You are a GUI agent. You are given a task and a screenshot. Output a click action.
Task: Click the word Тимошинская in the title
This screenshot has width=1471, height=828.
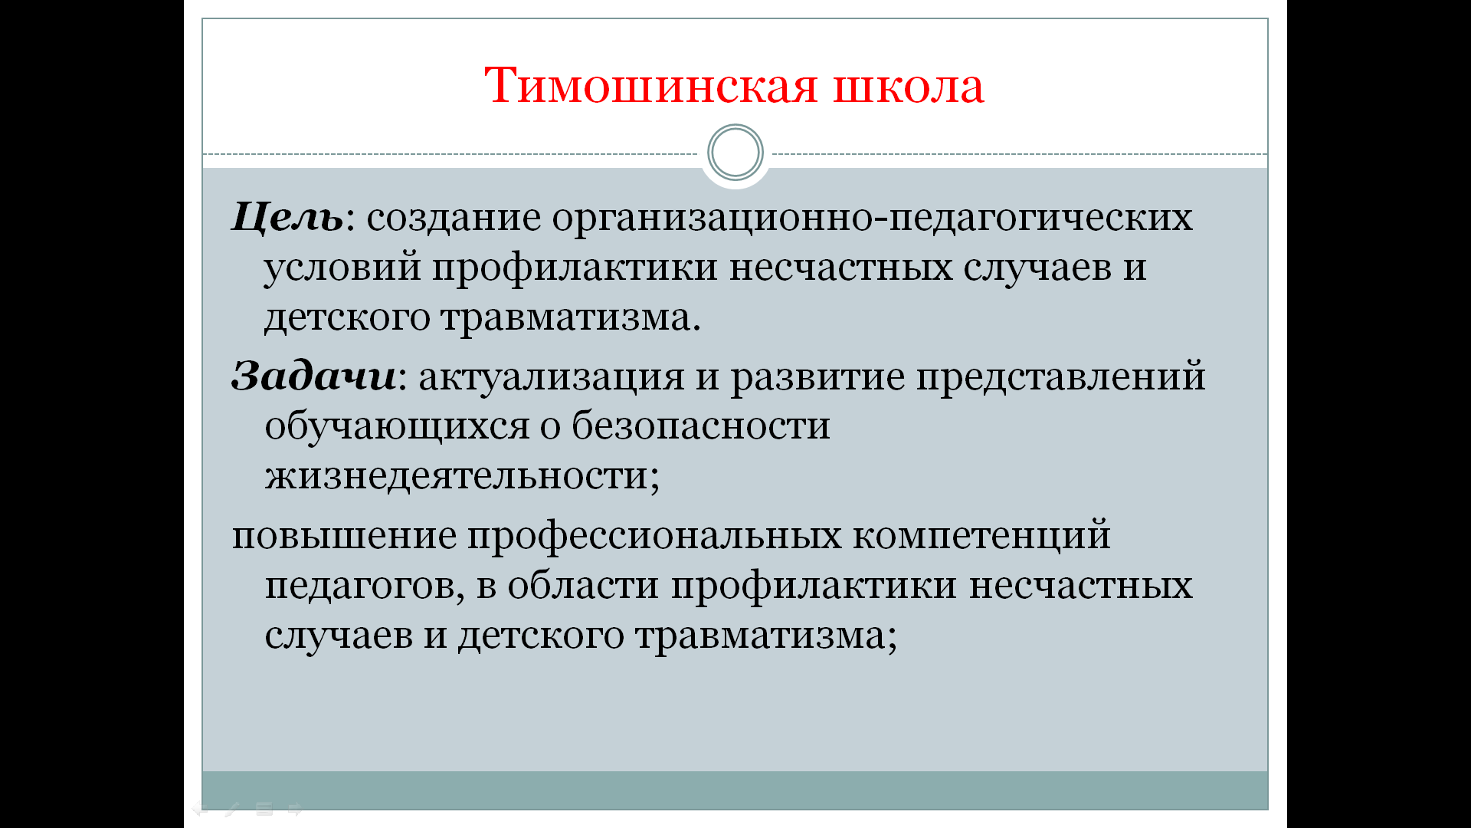click(x=651, y=85)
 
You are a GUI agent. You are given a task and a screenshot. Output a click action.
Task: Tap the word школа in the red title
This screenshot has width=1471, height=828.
click(x=908, y=86)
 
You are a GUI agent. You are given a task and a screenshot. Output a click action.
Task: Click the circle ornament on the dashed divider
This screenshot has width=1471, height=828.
click(x=735, y=153)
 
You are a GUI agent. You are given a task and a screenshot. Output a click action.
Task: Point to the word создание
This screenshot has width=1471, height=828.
click(x=454, y=219)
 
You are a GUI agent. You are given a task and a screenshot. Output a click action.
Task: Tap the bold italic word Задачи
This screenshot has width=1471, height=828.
click(x=314, y=377)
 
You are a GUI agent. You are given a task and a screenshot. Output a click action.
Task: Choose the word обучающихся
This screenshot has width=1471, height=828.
click(x=397, y=427)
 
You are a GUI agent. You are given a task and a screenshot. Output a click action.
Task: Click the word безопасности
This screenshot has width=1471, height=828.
click(x=701, y=426)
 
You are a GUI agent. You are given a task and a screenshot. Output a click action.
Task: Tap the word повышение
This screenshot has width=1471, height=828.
click(x=344, y=536)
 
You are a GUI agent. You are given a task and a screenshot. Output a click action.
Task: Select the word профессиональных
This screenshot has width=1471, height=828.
click(x=655, y=537)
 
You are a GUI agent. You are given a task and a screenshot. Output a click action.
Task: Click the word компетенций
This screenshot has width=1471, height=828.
click(x=981, y=536)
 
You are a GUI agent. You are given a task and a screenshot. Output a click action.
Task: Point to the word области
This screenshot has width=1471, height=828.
click(x=583, y=586)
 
